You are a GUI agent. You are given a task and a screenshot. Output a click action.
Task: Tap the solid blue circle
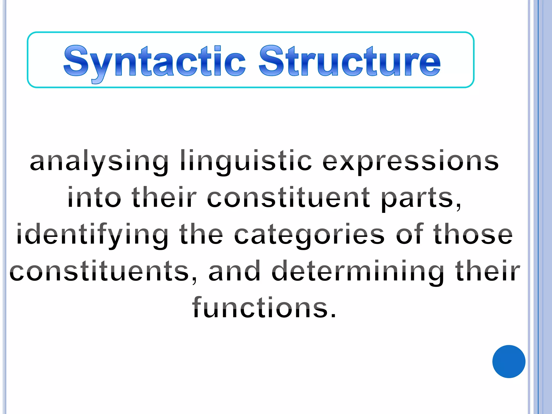[509, 361]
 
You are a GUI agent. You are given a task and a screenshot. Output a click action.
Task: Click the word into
[94, 198]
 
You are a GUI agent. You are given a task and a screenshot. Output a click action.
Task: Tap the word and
[234, 271]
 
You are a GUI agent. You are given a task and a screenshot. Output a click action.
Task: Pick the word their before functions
[487, 271]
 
